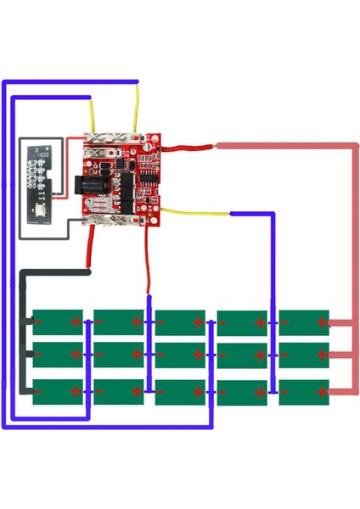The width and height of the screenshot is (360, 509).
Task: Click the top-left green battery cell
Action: click(56, 322)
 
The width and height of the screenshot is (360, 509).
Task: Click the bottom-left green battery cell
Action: click(56, 391)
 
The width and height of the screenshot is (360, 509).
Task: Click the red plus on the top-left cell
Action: click(76, 322)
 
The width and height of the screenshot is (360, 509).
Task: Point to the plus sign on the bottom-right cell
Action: click(321, 392)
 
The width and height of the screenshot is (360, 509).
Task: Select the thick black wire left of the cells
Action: click(24, 331)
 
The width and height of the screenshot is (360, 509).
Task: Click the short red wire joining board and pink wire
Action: click(191, 148)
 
